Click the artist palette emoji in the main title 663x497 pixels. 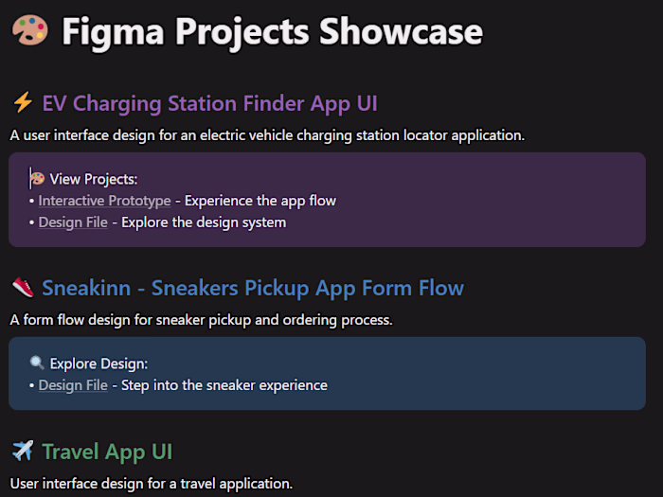[29, 32]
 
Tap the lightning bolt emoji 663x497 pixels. [22, 103]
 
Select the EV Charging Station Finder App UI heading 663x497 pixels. [209, 103]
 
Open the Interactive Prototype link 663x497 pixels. [105, 201]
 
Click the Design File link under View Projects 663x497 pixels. [73, 222]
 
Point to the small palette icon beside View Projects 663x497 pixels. [38, 178]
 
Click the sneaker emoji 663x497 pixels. [23, 288]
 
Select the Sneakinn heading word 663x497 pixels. [91, 288]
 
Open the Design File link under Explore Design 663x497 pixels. [73, 385]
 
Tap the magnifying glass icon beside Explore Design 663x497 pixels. [38, 363]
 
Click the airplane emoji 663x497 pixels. [23, 452]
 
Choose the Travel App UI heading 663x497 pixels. [107, 452]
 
